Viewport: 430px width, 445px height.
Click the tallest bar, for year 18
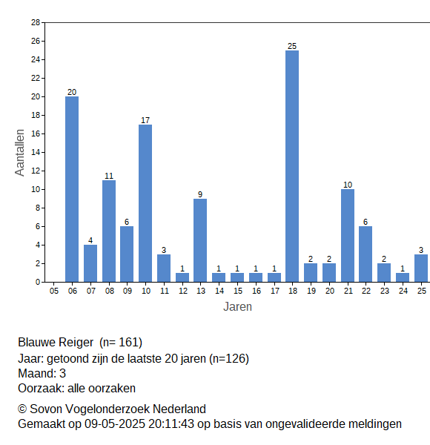(x=292, y=166)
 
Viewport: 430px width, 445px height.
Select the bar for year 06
(x=72, y=189)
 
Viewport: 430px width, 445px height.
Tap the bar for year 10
(x=145, y=203)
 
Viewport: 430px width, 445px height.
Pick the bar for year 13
(x=200, y=240)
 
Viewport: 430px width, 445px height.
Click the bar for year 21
(x=348, y=236)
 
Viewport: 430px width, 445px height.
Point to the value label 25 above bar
(x=292, y=46)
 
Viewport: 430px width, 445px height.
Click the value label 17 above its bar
(x=145, y=120)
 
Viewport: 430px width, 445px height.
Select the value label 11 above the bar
(x=109, y=176)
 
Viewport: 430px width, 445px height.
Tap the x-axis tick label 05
(x=54, y=291)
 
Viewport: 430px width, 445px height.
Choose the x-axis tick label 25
(x=422, y=291)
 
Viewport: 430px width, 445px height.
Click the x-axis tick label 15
(x=238, y=291)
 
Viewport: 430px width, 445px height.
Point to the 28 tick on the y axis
(x=36, y=22)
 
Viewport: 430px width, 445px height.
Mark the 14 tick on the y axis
(x=36, y=152)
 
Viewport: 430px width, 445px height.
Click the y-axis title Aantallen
(x=20, y=153)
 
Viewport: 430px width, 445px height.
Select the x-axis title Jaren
(x=237, y=307)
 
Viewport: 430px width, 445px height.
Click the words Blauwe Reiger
(x=56, y=343)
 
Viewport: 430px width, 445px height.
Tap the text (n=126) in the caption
(x=229, y=359)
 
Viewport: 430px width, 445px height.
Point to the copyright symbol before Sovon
(x=22, y=409)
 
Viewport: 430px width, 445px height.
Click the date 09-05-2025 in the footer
(x=115, y=424)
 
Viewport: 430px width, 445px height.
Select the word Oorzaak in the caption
(x=41, y=388)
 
